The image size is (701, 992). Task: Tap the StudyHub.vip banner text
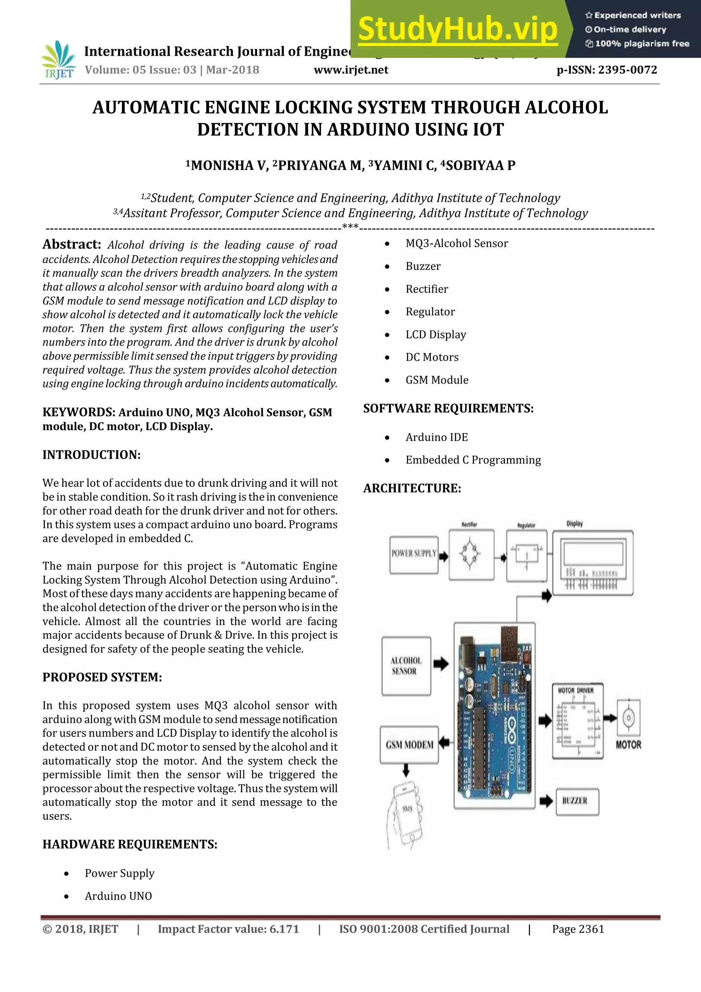458,29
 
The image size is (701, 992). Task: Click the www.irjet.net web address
350,70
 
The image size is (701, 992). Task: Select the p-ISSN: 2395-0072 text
607,70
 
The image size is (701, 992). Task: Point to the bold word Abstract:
72,245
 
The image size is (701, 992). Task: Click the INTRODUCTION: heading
91,455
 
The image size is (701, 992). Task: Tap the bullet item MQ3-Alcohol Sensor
456,244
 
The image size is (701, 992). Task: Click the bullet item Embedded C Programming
473,460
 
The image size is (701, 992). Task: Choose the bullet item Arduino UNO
118,896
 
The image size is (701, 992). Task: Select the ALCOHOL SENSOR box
406,666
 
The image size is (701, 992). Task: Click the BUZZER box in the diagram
577,802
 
